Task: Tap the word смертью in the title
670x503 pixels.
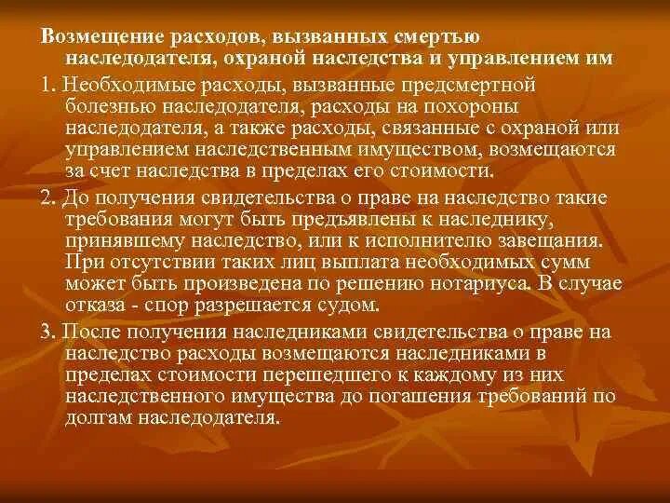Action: coord(436,36)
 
